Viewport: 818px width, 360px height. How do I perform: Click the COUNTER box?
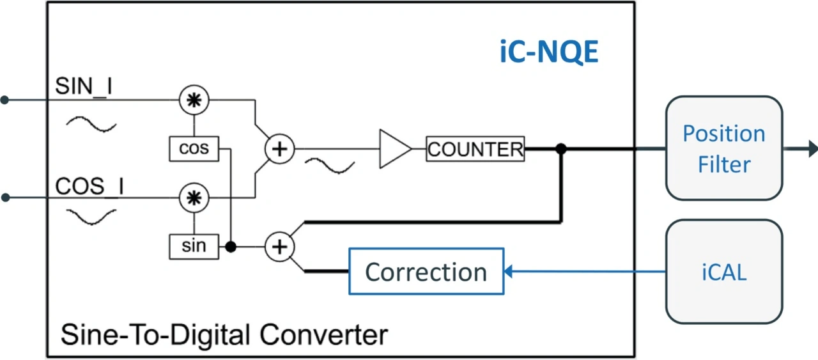coord(475,149)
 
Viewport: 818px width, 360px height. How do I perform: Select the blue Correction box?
coord(426,272)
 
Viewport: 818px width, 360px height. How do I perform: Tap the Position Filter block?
coord(723,148)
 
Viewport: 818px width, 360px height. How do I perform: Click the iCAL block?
coord(723,272)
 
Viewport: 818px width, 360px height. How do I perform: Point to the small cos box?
coord(194,148)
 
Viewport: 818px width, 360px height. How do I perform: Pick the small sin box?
coord(194,246)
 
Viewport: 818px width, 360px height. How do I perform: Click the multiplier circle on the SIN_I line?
coord(189,100)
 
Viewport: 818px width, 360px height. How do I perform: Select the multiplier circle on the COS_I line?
coord(189,198)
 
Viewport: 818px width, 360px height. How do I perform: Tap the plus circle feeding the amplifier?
coord(279,150)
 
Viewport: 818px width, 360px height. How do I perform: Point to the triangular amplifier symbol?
coord(394,149)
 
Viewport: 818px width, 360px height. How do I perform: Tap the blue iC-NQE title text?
coord(549,53)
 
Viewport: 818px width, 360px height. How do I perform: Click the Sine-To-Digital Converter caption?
coord(224,334)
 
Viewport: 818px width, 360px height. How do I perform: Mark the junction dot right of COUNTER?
coord(561,149)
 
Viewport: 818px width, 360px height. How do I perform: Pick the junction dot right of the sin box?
coord(231,246)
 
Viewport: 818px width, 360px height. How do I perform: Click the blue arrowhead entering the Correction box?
coord(509,272)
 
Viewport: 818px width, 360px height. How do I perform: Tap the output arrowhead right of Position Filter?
coord(812,148)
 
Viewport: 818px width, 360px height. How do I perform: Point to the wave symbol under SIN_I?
coord(93,123)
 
